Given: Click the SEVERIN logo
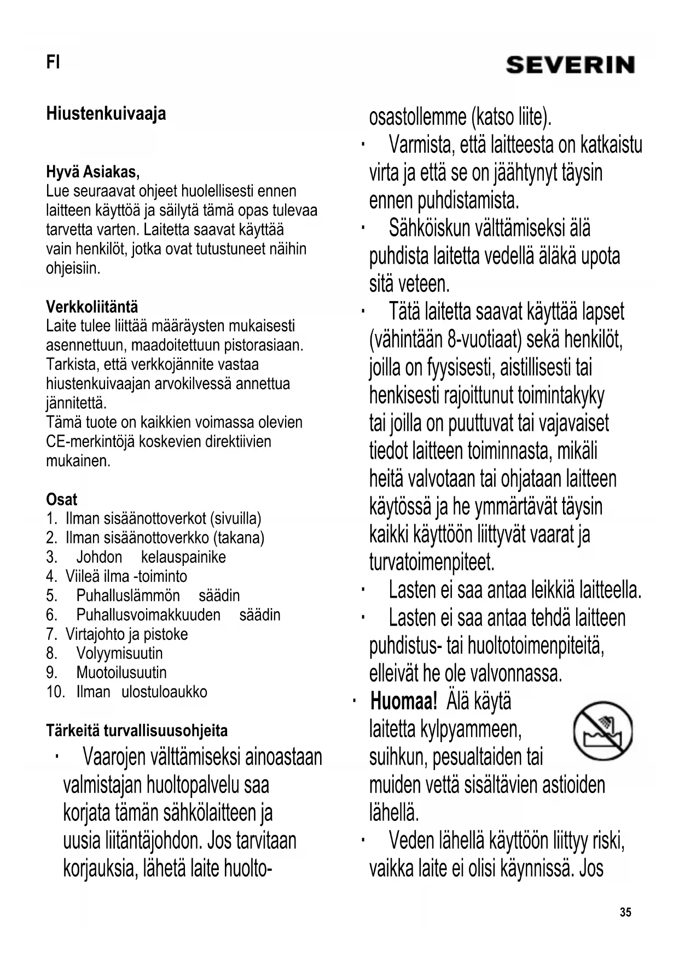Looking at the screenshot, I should pos(570,65).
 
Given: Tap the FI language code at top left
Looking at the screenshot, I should pos(53,62).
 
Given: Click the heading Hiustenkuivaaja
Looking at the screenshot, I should pos(106,114).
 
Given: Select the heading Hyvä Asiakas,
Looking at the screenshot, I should pos(92,172).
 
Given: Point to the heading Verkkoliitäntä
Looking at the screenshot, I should pos(92,306).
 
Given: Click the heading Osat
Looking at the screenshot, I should pos(61,499).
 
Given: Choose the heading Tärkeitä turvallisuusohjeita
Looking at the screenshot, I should pos(137,731).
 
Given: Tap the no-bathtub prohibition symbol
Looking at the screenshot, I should pos(602,731).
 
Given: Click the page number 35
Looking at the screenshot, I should pos(625,912).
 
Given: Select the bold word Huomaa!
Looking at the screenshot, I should pos(404,701).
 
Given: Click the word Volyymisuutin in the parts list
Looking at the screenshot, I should pos(119,654).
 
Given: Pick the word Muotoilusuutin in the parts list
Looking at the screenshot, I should pos(121,673).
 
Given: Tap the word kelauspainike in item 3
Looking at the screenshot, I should pos(183,557).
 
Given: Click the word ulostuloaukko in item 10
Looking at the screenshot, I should pos(164,692).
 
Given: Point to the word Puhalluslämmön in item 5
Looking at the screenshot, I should pos(128,595).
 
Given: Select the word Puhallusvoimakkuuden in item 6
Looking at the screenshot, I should pos(148,615).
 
